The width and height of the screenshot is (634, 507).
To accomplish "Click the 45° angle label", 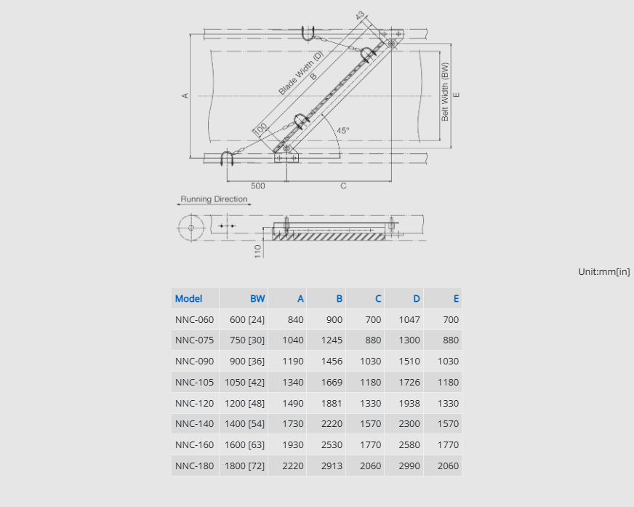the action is (343, 130).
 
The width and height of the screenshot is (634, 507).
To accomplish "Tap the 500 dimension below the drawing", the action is (257, 185).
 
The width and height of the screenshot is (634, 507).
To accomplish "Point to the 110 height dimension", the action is (257, 251).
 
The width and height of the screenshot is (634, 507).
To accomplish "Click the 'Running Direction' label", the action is (214, 199).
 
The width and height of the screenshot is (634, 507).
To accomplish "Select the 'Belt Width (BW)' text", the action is (445, 92).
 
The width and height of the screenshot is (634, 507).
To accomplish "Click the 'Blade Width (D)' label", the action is (301, 73).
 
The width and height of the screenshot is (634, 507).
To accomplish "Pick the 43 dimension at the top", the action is (360, 16).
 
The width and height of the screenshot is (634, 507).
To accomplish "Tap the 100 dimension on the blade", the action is (260, 129).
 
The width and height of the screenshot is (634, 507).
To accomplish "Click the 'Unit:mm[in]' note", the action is (603, 272).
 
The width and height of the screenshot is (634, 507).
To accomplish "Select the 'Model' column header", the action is (188, 299).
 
